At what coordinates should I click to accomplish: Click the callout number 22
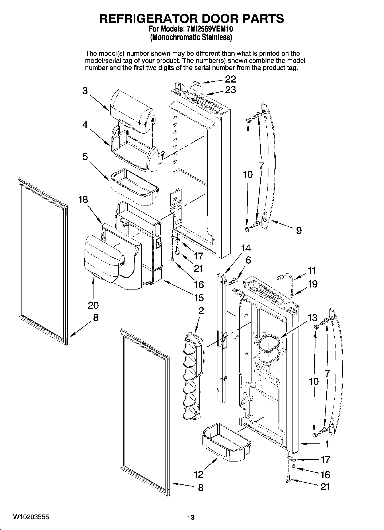pyautogui.click(x=230, y=79)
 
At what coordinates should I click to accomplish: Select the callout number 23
pyautogui.click(x=230, y=90)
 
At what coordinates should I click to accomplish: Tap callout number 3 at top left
pyautogui.click(x=85, y=91)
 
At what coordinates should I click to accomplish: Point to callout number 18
pyautogui.click(x=83, y=200)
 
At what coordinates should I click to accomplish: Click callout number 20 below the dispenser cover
pyautogui.click(x=93, y=305)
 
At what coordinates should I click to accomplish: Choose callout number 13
pyautogui.click(x=313, y=318)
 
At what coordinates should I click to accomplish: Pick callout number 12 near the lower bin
pyautogui.click(x=198, y=474)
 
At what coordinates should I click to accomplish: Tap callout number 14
pyautogui.click(x=245, y=248)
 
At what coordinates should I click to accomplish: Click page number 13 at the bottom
pyautogui.click(x=191, y=517)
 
